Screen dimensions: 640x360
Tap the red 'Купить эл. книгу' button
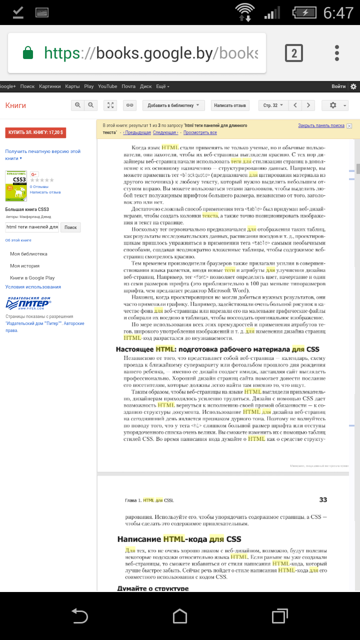pos(35,132)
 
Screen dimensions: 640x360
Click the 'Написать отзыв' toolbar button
pos(230,105)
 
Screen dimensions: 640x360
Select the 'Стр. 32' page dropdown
pos(273,105)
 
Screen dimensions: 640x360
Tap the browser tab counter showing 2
pos(294,53)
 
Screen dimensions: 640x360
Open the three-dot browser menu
pos(337,53)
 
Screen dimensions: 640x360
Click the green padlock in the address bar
pos(28,53)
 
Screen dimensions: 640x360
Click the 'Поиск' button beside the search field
pos(70,227)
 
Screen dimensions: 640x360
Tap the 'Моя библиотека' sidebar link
pos(28,254)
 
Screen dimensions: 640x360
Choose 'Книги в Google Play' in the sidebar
pos(32,277)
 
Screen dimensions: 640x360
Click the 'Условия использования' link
pos(33,287)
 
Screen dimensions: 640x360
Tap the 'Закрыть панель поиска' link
pos(321,125)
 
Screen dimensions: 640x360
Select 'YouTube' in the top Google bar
pos(107,86)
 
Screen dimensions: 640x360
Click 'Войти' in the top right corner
pos(338,86)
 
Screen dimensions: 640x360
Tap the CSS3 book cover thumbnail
pos(15,186)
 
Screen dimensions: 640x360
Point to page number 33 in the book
pos(322,499)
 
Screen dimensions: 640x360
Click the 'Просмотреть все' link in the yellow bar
pos(200,132)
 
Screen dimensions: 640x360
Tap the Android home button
pos(180,616)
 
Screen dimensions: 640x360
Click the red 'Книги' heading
pos(15,105)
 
